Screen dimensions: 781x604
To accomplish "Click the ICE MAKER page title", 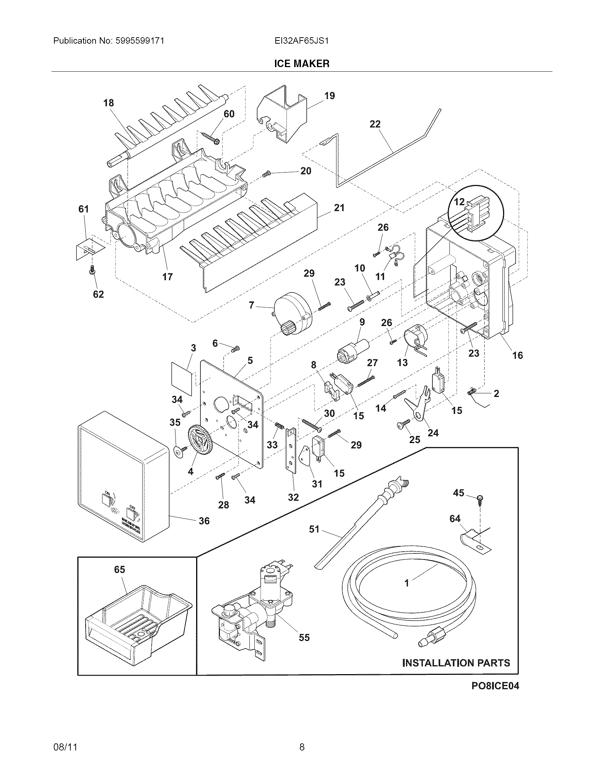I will (x=302, y=64).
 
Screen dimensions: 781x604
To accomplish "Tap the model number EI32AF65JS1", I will (x=302, y=41).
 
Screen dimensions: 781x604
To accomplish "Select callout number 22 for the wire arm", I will (x=375, y=124).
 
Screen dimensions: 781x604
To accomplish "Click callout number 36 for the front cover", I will (x=204, y=521).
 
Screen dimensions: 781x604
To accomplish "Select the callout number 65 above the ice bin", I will (x=119, y=569).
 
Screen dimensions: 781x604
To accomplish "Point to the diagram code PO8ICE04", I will (x=495, y=686).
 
